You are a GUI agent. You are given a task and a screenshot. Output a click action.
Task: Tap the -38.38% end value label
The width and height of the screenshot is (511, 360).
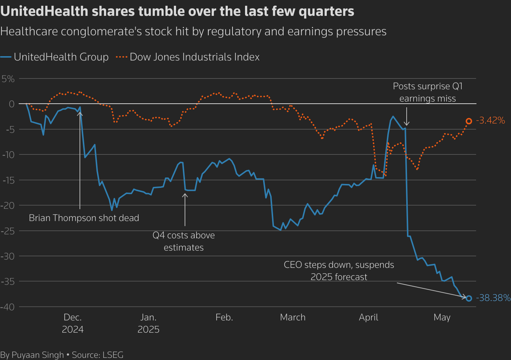[493, 298]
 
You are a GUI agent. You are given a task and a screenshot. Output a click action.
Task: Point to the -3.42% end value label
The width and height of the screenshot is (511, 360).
[490, 121]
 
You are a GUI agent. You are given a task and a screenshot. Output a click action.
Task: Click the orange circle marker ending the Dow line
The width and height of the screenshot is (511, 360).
[469, 121]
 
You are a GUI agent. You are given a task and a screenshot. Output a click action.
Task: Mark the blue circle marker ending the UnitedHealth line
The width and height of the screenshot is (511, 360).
[469, 298]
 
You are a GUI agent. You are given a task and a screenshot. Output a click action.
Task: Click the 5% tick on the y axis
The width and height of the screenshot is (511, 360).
[8, 79]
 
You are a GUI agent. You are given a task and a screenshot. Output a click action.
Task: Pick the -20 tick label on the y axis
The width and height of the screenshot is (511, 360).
[8, 206]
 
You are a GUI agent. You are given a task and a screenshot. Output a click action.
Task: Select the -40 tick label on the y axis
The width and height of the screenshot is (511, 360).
[8, 307]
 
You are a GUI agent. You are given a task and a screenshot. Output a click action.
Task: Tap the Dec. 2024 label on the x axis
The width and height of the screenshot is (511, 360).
[73, 323]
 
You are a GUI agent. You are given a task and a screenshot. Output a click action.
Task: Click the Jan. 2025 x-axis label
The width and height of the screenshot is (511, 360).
[148, 323]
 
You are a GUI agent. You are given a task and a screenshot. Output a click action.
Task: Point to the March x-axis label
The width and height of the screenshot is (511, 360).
[293, 318]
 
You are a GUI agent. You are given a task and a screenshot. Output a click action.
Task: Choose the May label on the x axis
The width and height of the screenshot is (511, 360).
[442, 318]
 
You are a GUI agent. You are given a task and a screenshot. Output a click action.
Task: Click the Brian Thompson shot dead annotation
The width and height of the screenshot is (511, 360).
[84, 218]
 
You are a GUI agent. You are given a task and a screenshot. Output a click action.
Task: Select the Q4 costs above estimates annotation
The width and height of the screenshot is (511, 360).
[184, 242]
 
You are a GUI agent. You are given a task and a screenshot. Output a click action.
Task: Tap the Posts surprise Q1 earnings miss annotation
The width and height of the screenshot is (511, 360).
[428, 93]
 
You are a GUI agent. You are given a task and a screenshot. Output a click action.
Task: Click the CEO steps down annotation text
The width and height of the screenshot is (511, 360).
[339, 271]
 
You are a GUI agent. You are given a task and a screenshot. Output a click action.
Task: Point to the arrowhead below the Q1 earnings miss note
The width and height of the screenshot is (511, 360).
[407, 124]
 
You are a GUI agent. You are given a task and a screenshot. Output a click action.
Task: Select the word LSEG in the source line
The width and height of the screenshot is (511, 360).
[113, 355]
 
